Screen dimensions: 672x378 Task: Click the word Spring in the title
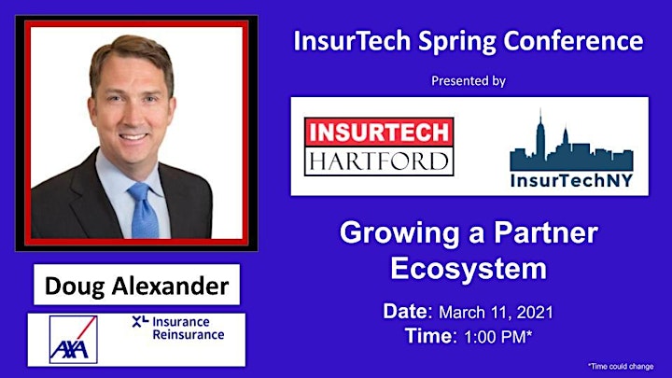tap(457, 42)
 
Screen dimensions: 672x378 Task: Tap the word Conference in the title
tap(573, 41)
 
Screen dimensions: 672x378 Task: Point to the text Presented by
tap(469, 81)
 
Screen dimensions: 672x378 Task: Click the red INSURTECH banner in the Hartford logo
tap(379, 132)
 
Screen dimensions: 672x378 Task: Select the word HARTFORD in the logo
tap(379, 161)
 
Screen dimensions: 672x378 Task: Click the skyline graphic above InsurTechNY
tap(571, 142)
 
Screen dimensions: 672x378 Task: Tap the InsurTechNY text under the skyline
tap(571, 180)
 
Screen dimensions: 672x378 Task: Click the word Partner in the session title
tap(546, 232)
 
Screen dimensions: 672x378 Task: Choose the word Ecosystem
tap(469, 269)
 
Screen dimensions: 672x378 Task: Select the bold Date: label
tap(408, 312)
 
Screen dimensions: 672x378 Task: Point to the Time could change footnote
tap(621, 367)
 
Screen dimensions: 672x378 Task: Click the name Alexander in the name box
tap(170, 286)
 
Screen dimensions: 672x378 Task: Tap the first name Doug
tap(74, 287)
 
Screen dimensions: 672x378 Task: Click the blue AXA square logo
tap(74, 340)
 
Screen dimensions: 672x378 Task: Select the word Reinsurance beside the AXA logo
tap(189, 334)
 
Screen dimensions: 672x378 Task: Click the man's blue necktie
tap(144, 211)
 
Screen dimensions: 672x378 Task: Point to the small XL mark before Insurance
tap(140, 321)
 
